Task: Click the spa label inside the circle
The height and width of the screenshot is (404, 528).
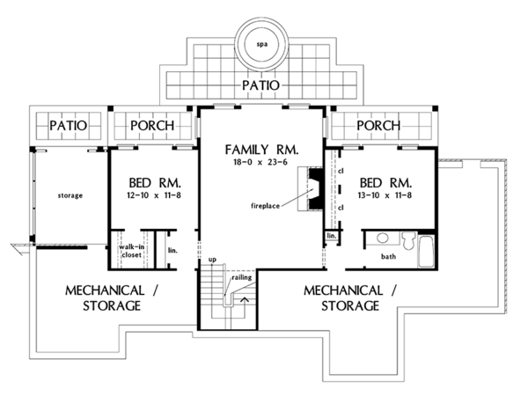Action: (x=262, y=44)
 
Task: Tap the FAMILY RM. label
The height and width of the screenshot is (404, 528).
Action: (x=261, y=150)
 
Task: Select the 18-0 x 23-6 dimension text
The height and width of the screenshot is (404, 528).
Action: (x=260, y=162)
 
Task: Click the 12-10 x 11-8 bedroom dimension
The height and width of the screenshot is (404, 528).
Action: (x=154, y=195)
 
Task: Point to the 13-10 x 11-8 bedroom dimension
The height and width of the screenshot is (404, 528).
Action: (x=385, y=195)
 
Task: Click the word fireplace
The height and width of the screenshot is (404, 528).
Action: (x=266, y=206)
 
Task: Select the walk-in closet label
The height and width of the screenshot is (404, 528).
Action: (x=132, y=251)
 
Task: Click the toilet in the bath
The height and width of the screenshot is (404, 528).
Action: (x=408, y=240)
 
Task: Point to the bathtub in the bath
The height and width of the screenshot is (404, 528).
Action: (x=426, y=252)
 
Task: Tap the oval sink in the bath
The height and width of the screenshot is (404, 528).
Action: (x=383, y=238)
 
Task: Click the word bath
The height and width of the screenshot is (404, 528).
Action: (x=388, y=257)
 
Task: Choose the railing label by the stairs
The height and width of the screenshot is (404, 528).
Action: (x=242, y=277)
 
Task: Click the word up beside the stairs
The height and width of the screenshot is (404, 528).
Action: (x=212, y=260)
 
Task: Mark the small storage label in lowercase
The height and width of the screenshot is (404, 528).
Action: (x=70, y=195)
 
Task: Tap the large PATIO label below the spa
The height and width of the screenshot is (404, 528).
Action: (x=261, y=85)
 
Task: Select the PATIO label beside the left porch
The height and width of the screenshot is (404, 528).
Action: (x=69, y=126)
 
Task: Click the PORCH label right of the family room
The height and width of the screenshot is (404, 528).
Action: (x=378, y=126)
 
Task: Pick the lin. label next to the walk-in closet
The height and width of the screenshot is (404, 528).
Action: (x=172, y=251)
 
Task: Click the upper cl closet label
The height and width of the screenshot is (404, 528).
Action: (x=341, y=171)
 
